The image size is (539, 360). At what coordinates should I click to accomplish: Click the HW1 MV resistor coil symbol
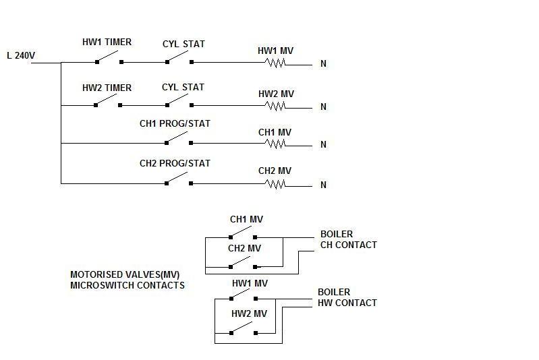point(275,63)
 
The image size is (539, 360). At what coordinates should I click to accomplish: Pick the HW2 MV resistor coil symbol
point(275,106)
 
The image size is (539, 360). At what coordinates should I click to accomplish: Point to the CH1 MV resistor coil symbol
point(275,144)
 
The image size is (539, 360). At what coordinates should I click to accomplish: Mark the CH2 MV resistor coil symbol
point(275,183)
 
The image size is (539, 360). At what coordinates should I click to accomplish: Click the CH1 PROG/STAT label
point(175,123)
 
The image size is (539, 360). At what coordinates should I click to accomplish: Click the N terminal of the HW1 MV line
point(324,64)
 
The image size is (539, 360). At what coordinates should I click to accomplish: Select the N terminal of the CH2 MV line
point(324,185)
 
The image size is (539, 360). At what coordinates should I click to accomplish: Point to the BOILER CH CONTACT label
point(348,239)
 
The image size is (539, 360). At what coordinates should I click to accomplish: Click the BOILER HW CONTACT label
point(347,297)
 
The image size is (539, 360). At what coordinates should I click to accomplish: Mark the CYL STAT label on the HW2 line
point(183,87)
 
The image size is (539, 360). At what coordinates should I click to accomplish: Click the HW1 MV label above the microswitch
point(250,283)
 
